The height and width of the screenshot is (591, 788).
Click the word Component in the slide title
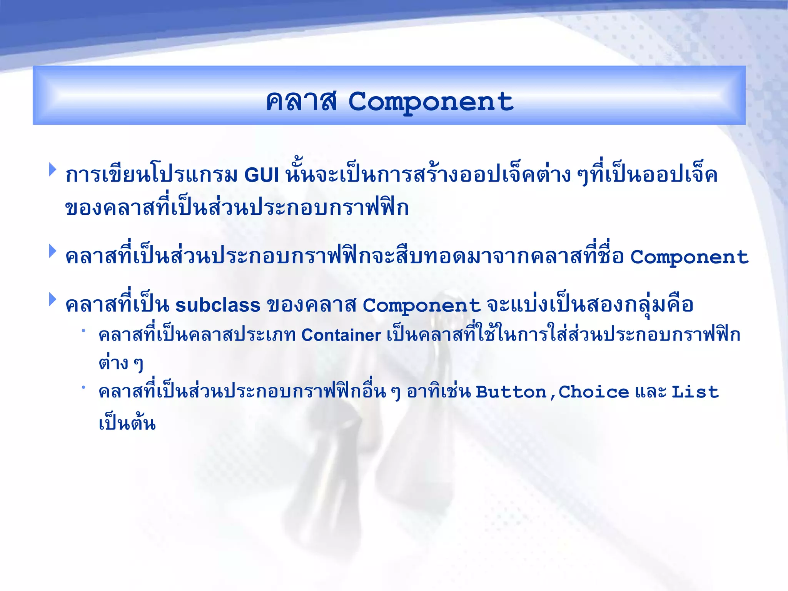click(431, 102)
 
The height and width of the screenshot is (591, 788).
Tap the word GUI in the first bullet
click(262, 175)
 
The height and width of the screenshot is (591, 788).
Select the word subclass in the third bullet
click(218, 306)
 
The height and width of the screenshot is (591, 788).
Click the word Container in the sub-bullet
click(341, 335)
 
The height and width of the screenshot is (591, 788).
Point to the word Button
click(511, 392)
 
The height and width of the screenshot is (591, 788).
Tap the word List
click(695, 392)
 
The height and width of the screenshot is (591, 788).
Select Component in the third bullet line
click(421, 306)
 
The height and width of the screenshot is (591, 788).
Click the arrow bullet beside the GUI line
click(53, 170)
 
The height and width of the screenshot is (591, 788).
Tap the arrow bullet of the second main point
click(53, 251)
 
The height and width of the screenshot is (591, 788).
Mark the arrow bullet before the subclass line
click(53, 299)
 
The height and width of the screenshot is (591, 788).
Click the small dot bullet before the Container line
click(83, 330)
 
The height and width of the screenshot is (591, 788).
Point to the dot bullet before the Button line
click(83, 387)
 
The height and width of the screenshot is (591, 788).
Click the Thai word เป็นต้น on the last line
click(127, 423)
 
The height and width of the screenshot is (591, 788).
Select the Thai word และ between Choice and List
click(650, 392)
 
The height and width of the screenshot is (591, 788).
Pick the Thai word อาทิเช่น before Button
click(439, 392)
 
